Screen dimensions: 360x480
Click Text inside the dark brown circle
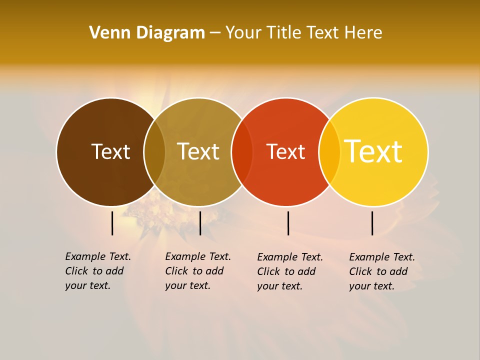click(110, 151)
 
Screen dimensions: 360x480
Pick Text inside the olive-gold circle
click(198, 151)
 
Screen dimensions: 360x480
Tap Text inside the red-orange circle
click(285, 151)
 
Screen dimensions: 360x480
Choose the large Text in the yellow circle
click(373, 151)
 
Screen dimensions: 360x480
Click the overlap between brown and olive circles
click(154, 152)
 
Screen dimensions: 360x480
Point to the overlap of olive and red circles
click(242, 152)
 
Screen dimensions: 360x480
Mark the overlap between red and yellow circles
click(329, 152)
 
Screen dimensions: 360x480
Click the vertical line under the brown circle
click(112, 223)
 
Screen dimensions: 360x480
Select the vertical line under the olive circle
click(200, 223)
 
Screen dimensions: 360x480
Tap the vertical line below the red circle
click(288, 223)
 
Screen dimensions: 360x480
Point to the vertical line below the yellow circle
click(372, 223)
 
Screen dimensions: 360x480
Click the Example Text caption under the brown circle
click(97, 271)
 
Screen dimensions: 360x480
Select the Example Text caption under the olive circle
click(197, 271)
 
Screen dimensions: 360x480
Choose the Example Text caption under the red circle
click(289, 271)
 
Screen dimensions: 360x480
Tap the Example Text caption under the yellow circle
click(381, 271)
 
